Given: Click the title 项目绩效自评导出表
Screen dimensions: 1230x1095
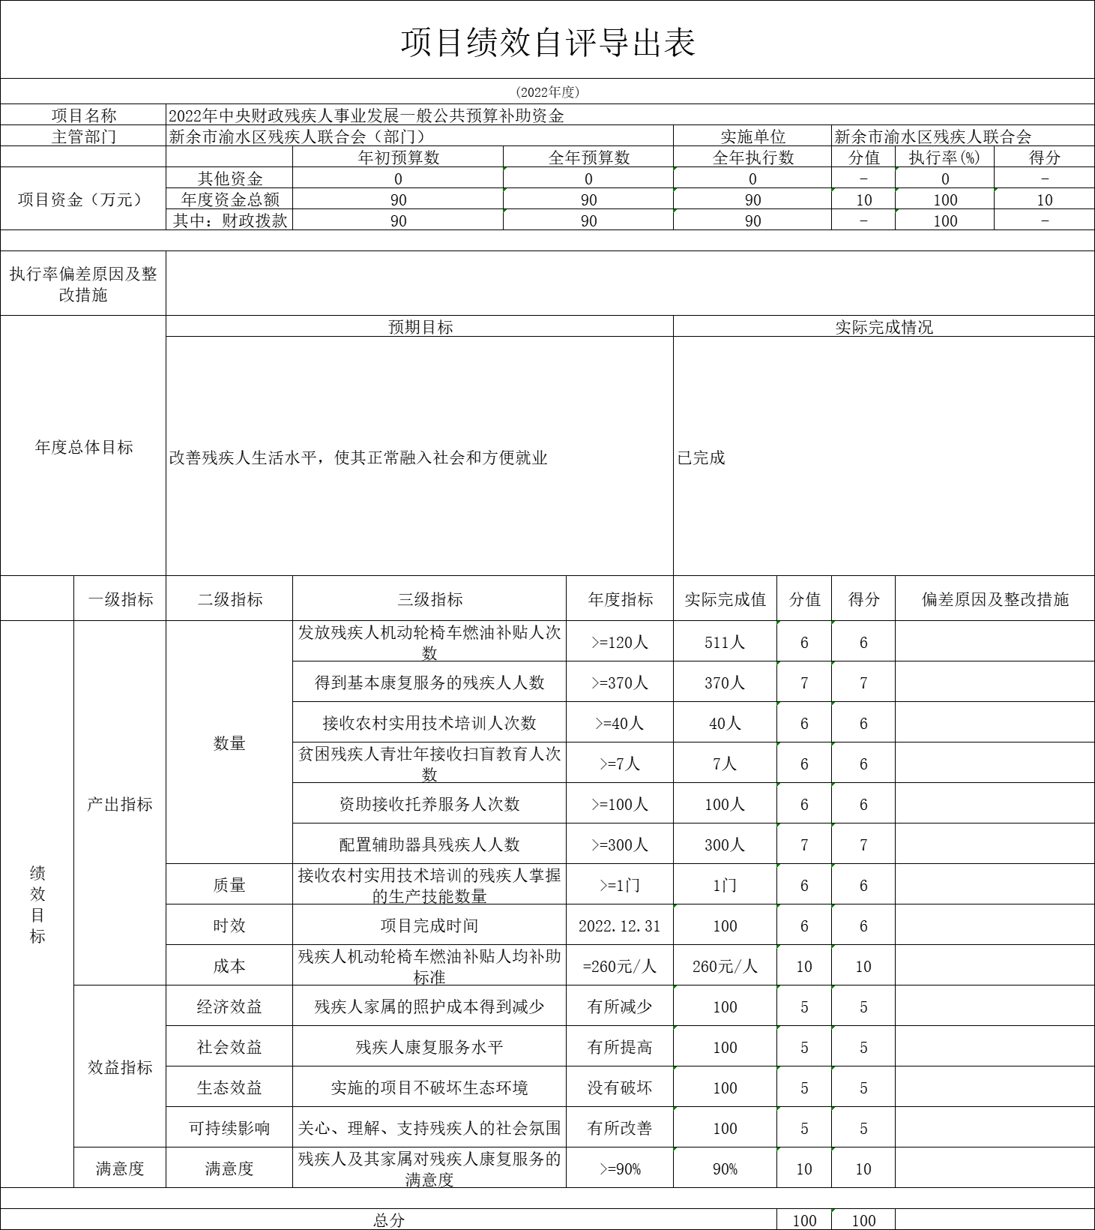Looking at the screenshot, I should (548, 42).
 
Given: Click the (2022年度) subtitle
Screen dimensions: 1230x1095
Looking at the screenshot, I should (548, 92).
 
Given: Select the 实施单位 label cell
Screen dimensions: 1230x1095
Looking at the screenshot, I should (752, 136).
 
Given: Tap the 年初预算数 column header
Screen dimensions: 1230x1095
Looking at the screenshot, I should (399, 157).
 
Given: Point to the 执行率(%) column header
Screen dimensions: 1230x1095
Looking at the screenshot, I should (944, 157).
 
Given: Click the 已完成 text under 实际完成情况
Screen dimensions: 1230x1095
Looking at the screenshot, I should (702, 457).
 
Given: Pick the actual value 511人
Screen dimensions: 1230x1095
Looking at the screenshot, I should (725, 642).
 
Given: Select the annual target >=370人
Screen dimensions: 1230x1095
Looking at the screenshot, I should (620, 682).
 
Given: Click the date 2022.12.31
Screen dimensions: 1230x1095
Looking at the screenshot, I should (620, 925).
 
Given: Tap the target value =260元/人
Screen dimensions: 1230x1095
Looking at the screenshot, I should (620, 966).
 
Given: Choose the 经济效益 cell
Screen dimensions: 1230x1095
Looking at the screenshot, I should (229, 1006).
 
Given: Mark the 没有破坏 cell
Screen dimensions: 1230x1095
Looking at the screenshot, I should (620, 1087).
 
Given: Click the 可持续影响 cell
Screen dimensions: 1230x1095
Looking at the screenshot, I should (229, 1128).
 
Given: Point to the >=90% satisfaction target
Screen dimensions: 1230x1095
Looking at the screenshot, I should (620, 1168).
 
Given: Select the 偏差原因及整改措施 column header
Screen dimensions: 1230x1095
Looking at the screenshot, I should (995, 599).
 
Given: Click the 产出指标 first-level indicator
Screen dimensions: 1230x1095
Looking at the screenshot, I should (120, 804).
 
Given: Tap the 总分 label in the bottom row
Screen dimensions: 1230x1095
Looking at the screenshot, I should (389, 1220).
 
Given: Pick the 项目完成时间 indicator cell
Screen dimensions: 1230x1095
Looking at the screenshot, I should (429, 925).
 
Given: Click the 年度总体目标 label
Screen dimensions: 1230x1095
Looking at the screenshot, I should (84, 447).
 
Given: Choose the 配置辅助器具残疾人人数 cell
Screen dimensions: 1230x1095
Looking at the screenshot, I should (429, 844).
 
